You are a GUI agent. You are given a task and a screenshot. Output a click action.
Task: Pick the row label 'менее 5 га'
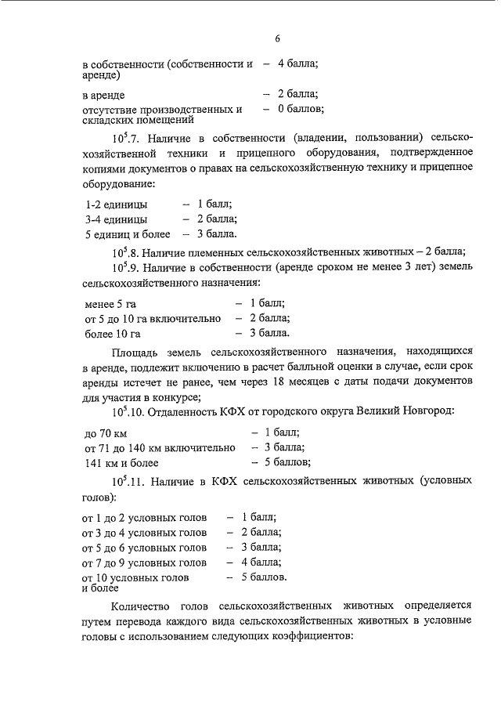coord(110,303)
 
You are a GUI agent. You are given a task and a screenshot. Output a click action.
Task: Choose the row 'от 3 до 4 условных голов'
coord(145,533)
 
